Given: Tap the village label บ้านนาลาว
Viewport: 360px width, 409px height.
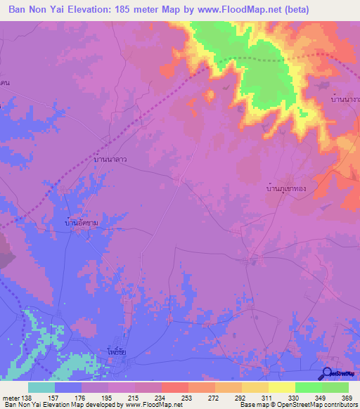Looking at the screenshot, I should (x=110, y=160).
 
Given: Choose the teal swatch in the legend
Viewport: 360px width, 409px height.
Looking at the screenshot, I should (x=41, y=387).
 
